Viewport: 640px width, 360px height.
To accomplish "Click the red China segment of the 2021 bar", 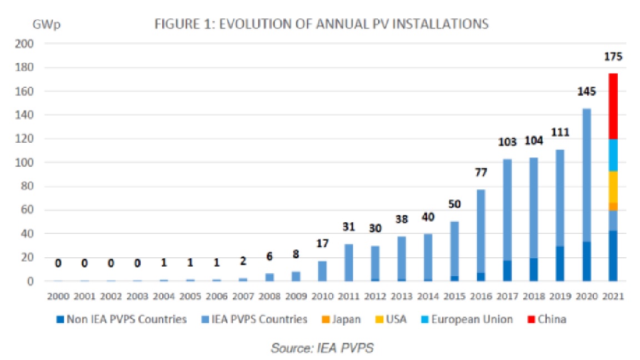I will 613,106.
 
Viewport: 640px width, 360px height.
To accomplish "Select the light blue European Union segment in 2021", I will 613,155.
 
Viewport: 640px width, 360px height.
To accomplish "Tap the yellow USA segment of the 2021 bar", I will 613,187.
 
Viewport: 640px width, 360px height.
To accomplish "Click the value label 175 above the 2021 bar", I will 613,57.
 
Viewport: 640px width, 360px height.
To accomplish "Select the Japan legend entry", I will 344,319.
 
